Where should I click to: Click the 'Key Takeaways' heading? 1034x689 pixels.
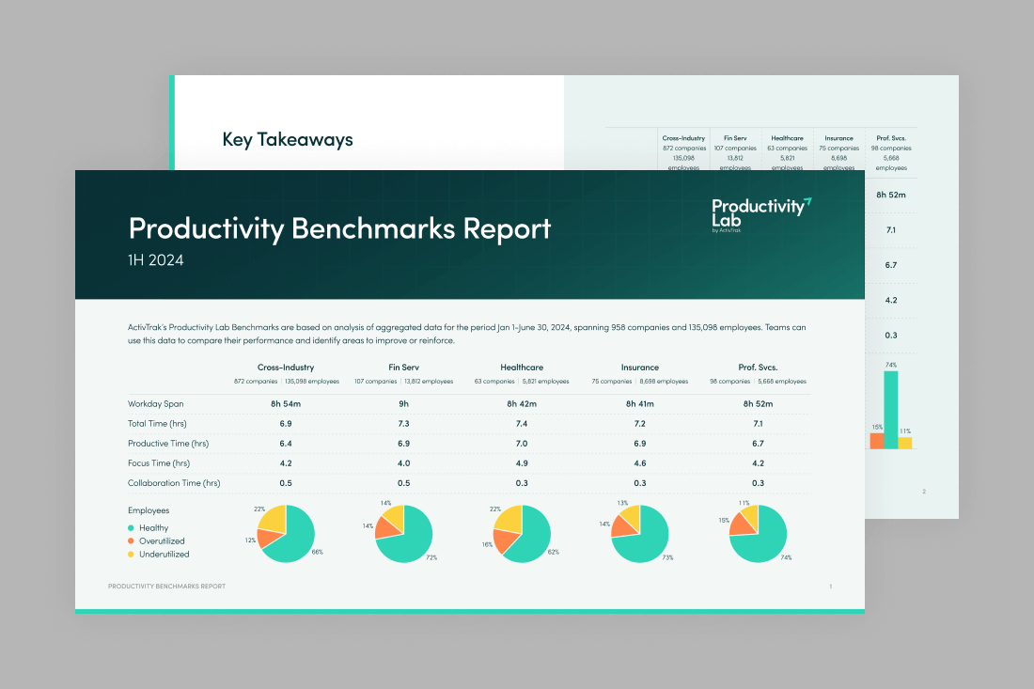tap(288, 140)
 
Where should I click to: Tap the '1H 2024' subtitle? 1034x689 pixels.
tap(156, 260)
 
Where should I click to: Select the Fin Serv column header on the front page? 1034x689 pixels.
tap(403, 367)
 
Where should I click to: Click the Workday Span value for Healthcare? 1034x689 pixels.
tap(522, 403)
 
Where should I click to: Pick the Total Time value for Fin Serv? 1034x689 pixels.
tap(403, 424)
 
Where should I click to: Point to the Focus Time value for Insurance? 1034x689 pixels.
tap(640, 463)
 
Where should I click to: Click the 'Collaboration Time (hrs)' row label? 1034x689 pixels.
tap(174, 483)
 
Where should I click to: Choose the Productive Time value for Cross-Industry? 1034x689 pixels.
tap(286, 443)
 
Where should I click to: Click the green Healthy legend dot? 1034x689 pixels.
tap(132, 528)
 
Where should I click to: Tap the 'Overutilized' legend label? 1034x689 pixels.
tap(162, 541)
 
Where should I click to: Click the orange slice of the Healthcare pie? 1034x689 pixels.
tap(508, 540)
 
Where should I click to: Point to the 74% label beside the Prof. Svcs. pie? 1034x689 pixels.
tap(786, 557)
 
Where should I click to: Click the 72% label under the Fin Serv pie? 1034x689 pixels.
tap(431, 558)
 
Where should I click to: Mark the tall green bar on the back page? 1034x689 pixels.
tap(890, 409)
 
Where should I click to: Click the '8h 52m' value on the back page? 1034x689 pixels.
tap(890, 194)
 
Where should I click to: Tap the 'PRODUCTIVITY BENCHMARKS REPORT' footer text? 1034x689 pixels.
tap(166, 587)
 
